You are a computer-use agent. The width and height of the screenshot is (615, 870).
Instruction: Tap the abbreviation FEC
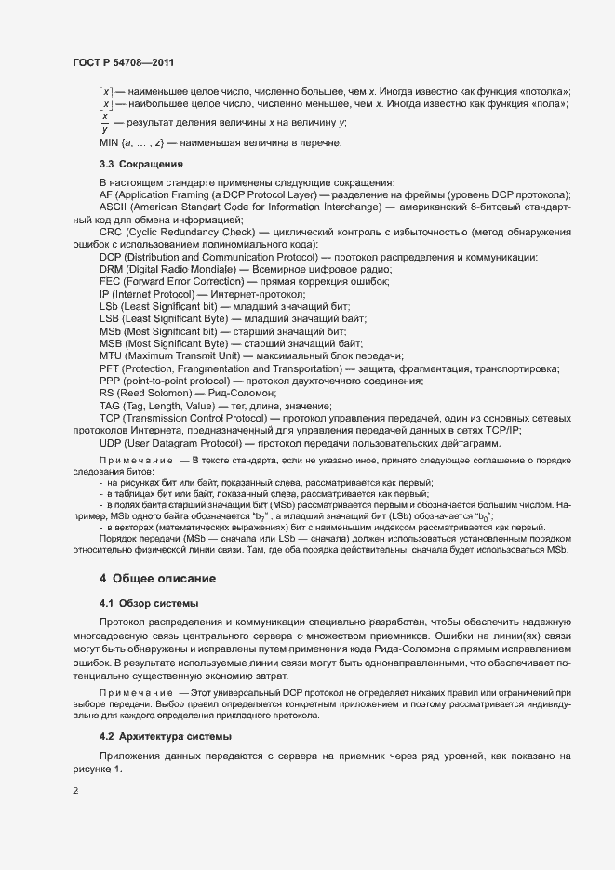click(110, 281)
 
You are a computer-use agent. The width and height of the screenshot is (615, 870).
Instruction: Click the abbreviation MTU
click(111, 356)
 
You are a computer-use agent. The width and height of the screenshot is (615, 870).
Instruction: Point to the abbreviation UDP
click(111, 444)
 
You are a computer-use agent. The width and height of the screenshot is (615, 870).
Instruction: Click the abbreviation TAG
click(110, 407)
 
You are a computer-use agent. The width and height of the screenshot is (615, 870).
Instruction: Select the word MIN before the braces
click(109, 142)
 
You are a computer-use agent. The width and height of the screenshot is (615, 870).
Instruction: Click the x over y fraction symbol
click(105, 123)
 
